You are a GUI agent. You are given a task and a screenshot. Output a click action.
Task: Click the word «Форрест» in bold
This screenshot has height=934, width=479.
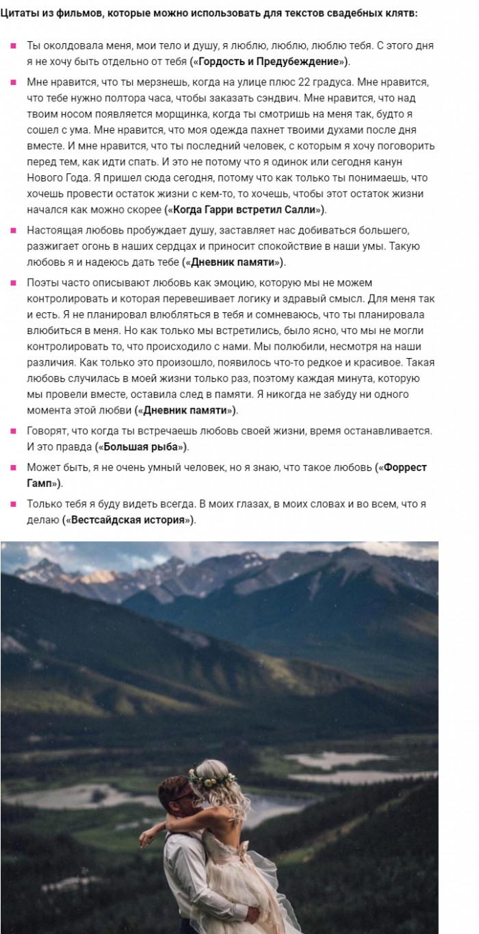[x=405, y=467]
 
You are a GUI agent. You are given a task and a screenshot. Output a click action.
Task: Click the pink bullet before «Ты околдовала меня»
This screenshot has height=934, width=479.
[x=13, y=46]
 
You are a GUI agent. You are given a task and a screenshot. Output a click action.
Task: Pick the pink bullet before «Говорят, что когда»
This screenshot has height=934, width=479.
[x=13, y=431]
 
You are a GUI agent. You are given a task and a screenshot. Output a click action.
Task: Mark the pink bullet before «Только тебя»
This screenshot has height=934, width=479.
[x=13, y=504]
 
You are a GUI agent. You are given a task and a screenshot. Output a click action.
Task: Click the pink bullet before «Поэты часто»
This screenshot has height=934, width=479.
[x=13, y=283]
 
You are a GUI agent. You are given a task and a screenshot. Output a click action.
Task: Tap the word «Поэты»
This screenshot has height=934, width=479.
[x=42, y=283]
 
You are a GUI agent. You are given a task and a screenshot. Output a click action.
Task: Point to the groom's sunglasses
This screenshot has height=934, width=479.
[x=186, y=797]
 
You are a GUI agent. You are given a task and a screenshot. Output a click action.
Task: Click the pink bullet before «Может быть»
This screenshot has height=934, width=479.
[x=13, y=467]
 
